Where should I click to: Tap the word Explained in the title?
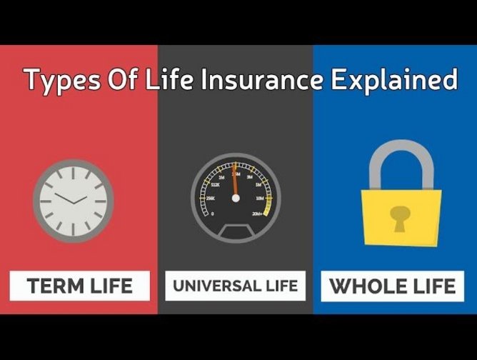coord(393,80)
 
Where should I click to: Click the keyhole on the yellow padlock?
coord(401,214)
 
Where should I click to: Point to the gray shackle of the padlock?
coord(401,161)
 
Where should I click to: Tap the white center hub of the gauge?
coord(235,198)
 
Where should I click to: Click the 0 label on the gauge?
coord(212,213)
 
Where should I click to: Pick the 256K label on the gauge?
coord(210,199)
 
